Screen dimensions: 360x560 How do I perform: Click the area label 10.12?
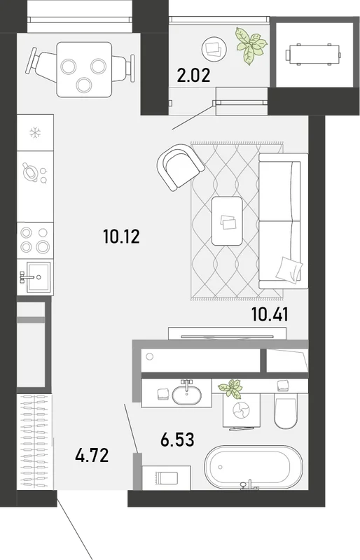(x=121, y=237)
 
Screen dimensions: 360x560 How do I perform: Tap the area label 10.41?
(x=270, y=314)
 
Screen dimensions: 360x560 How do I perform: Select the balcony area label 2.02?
(x=194, y=76)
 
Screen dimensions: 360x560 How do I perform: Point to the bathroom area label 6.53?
(x=177, y=440)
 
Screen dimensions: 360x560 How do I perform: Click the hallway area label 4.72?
(x=92, y=456)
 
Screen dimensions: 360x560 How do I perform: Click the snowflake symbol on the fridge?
(x=35, y=133)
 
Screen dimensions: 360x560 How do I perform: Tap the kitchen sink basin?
(x=39, y=276)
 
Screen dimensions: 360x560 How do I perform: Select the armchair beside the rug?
(x=180, y=167)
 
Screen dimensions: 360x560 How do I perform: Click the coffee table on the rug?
(x=227, y=221)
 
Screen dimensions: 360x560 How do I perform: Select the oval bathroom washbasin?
(x=186, y=395)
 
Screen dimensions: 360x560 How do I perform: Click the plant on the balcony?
(x=251, y=45)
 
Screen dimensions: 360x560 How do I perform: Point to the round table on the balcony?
(x=214, y=49)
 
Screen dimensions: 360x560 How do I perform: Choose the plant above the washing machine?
(x=230, y=388)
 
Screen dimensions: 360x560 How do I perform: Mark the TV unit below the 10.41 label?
(x=227, y=333)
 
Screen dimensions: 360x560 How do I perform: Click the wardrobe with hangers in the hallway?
(x=35, y=442)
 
